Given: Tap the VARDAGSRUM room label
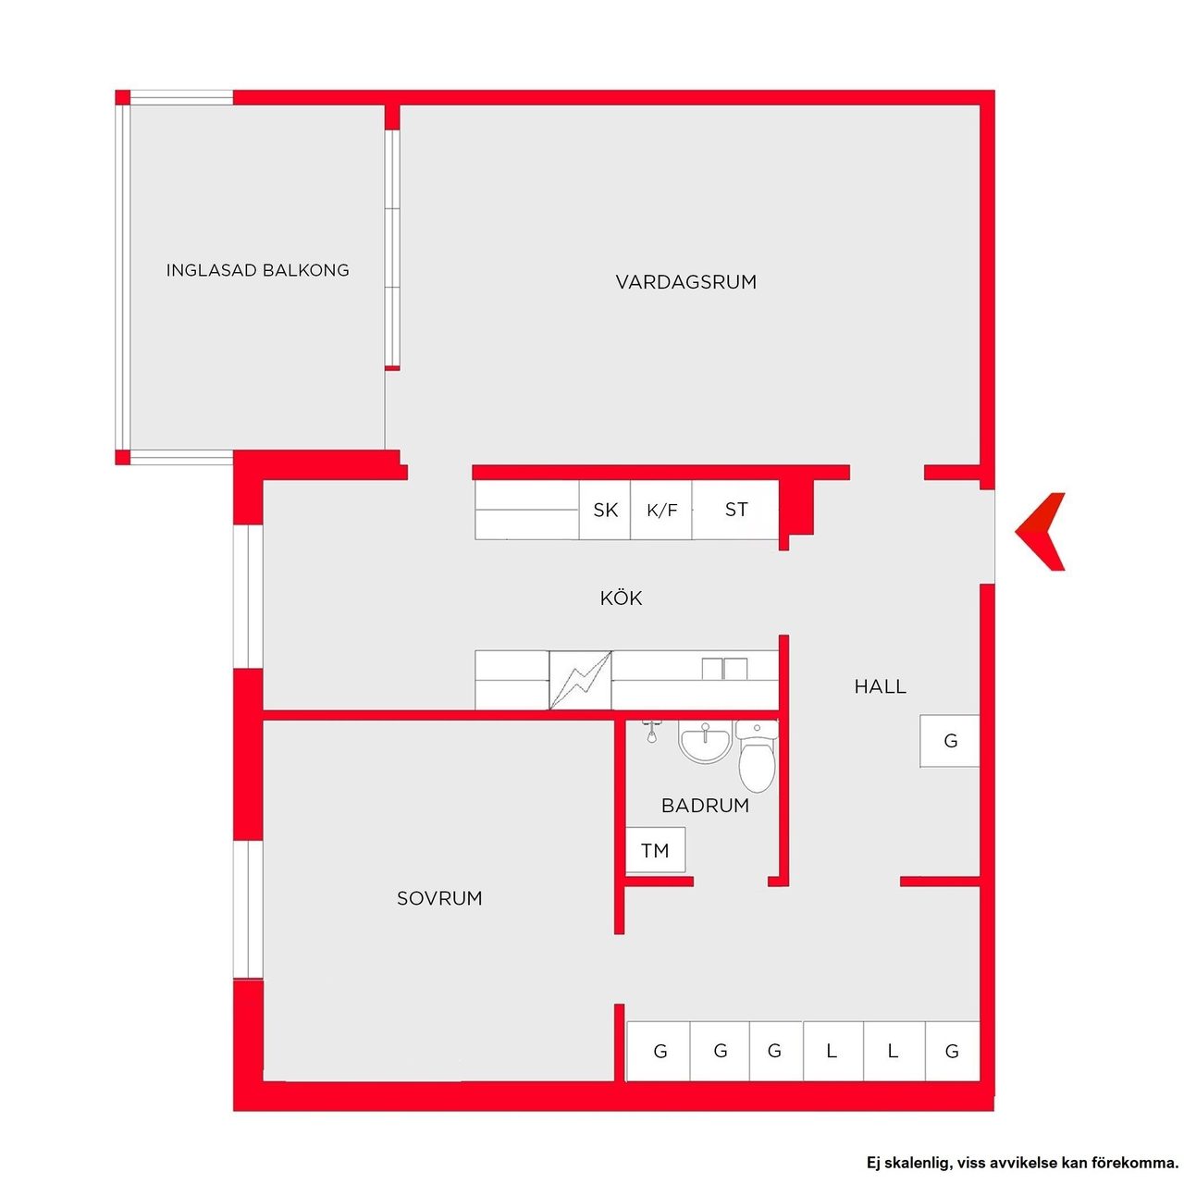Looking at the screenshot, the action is coord(685,283).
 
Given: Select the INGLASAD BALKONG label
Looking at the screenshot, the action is coord(257,270).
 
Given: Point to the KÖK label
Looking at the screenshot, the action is coord(621,598).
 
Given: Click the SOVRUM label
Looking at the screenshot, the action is coord(439,899).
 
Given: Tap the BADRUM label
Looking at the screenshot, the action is coord(706,806).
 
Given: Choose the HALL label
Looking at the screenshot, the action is coord(880,687).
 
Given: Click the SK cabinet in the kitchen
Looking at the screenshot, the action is coord(605,510).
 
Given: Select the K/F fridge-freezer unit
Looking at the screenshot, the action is coord(661,510).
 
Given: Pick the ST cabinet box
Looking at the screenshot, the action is coord(735,510).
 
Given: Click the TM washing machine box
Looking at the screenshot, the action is coord(655,851).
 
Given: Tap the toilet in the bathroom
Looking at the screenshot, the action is coord(757,757).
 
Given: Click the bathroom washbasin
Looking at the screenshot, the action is coord(706,741).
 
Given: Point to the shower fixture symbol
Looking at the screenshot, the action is coord(651,732).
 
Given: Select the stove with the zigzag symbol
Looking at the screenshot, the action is coord(580,680).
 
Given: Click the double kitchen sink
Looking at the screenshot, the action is coord(724,669).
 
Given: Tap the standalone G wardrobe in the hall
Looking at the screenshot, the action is coord(949,741).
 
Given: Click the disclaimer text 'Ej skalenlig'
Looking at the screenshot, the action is coord(905,1163).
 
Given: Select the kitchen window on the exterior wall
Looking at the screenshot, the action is coord(248,596).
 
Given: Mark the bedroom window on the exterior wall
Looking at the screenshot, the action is coord(248,909).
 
